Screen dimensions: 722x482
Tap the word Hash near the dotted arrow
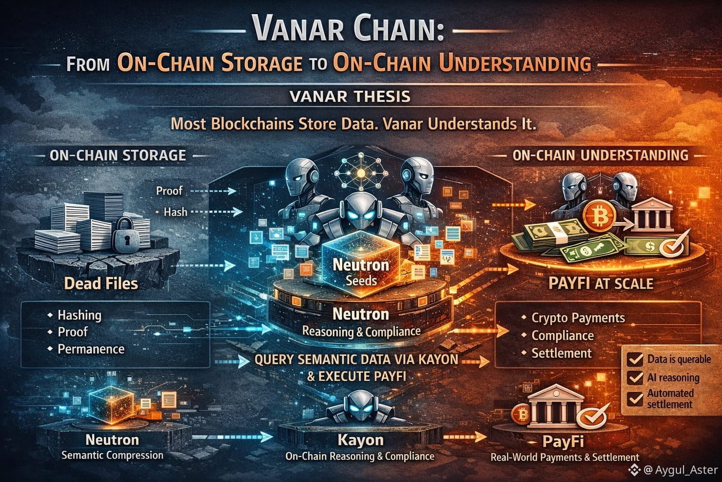pos(175,212)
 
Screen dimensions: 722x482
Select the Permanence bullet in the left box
pos(91,349)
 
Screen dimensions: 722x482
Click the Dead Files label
pos(101,283)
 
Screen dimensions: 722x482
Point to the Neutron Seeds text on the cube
pos(361,272)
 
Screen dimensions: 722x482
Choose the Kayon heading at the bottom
pos(360,440)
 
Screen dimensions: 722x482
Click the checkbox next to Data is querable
pos(636,360)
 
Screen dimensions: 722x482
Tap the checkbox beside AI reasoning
pos(636,378)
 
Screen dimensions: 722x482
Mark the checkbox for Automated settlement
pos(636,398)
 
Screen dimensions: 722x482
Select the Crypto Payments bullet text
pos(578,318)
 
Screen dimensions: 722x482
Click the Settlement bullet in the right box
pos(561,353)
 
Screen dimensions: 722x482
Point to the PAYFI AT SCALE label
pos(601,283)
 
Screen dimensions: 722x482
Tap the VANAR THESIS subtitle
pos(350,96)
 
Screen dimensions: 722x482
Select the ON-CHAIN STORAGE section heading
pos(118,155)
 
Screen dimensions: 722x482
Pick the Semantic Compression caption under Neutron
pos(112,455)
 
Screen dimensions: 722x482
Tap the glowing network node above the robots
pos(361,173)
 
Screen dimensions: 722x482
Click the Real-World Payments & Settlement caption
pos(565,457)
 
